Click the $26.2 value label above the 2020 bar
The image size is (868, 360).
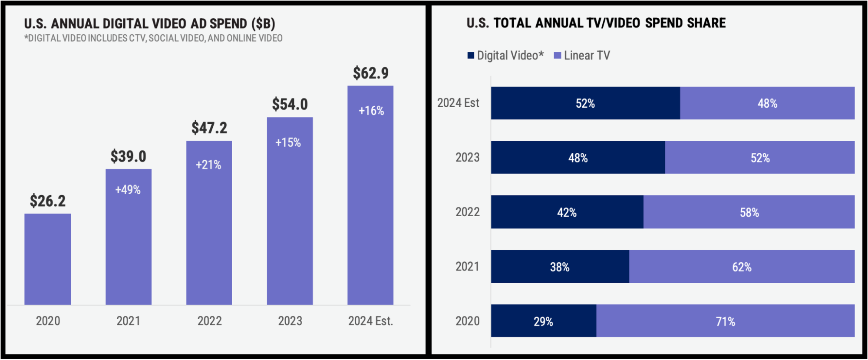(x=48, y=201)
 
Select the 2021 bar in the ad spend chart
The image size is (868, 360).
(x=129, y=243)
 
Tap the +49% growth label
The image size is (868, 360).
(x=128, y=190)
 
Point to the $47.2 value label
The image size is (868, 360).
(x=209, y=128)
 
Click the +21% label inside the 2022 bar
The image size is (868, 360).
(x=208, y=165)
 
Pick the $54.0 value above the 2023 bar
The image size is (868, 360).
(x=290, y=104)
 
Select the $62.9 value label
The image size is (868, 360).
(x=370, y=73)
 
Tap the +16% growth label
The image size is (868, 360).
(x=371, y=111)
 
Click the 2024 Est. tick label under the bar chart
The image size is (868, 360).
(x=370, y=321)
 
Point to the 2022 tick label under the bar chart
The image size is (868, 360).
(x=209, y=321)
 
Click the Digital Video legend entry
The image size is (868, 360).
(x=505, y=56)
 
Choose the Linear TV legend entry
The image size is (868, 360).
(x=582, y=56)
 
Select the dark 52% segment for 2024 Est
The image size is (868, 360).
(x=585, y=103)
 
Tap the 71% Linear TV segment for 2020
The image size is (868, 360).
(x=725, y=321)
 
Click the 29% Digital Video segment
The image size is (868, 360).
(x=543, y=321)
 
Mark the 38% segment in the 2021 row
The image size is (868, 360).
(x=560, y=267)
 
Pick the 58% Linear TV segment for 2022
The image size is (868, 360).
(x=749, y=212)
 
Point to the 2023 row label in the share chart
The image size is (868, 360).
(x=467, y=158)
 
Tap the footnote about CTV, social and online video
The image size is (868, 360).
(x=153, y=38)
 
